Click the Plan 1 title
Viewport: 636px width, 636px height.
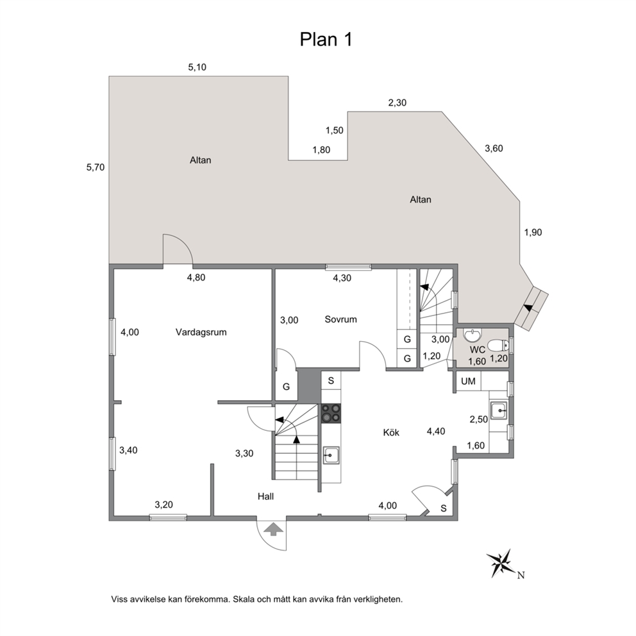pyautogui.click(x=326, y=40)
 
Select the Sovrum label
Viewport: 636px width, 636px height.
pyautogui.click(x=340, y=319)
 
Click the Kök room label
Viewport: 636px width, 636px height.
pyautogui.click(x=391, y=432)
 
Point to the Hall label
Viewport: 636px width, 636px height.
pyautogui.click(x=265, y=496)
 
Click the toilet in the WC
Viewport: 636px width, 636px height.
pyautogui.click(x=498, y=346)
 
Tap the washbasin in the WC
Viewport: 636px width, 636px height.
pyautogui.click(x=471, y=335)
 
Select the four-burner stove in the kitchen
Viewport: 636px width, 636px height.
pyautogui.click(x=331, y=414)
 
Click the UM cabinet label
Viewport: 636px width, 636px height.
pyautogui.click(x=468, y=381)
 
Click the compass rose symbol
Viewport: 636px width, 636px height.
pyautogui.click(x=502, y=564)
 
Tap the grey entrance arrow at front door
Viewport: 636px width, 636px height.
pyautogui.click(x=274, y=529)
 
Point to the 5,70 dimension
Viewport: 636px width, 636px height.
pyautogui.click(x=96, y=167)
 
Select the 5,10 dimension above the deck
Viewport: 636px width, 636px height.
pyautogui.click(x=197, y=67)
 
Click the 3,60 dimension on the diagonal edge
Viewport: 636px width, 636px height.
pyautogui.click(x=494, y=149)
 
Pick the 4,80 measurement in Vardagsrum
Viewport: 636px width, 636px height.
pyautogui.click(x=196, y=278)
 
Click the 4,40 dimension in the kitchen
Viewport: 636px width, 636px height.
pyautogui.click(x=435, y=431)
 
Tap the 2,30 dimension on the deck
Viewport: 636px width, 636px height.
pyautogui.click(x=397, y=103)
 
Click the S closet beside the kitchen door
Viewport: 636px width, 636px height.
pyautogui.click(x=443, y=508)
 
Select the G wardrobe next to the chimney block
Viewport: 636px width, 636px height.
pyautogui.click(x=287, y=387)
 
